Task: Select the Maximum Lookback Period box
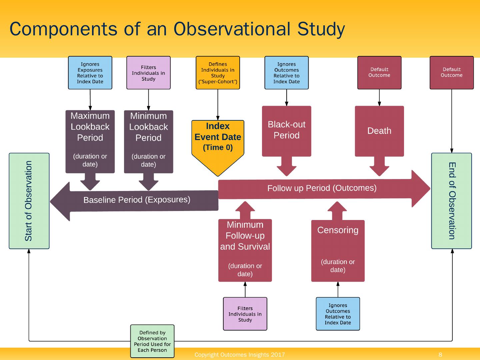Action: point(90,141)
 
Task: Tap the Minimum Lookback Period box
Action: point(148,142)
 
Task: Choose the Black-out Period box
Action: point(286,131)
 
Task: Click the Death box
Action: point(379,131)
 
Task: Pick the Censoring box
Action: point(338,250)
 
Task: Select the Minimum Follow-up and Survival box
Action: point(245,250)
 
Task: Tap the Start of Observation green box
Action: point(29,201)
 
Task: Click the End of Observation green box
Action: point(451,201)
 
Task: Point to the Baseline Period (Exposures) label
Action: point(137,200)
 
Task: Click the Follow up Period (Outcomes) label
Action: point(322,188)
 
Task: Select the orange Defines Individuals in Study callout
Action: point(218,73)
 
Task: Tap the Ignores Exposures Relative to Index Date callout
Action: point(90,73)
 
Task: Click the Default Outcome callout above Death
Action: point(379,73)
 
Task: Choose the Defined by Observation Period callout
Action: point(152,341)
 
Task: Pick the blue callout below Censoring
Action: point(338,314)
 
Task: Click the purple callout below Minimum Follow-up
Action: point(245,314)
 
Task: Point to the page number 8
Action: point(440,355)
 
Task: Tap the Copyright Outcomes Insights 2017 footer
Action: point(240,355)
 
